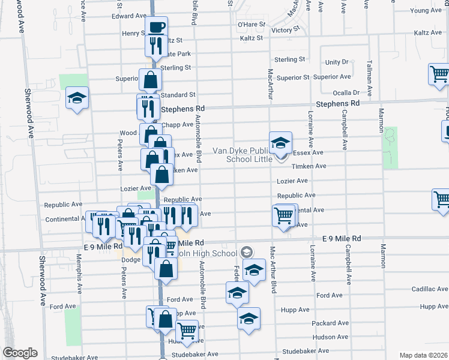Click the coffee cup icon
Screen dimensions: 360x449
(156, 27)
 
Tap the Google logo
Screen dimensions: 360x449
(20, 353)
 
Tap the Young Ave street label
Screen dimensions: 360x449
(426, 10)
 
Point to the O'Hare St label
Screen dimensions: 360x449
(251, 25)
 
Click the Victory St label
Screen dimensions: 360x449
(285, 29)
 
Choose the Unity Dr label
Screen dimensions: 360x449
(337, 62)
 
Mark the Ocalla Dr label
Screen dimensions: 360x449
(348, 92)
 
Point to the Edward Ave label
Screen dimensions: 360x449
(129, 16)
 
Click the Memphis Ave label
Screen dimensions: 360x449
(79, 277)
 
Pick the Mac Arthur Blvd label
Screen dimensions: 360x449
(273, 271)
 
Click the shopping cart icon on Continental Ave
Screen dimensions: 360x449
(283, 215)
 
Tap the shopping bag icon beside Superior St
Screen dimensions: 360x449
(149, 80)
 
